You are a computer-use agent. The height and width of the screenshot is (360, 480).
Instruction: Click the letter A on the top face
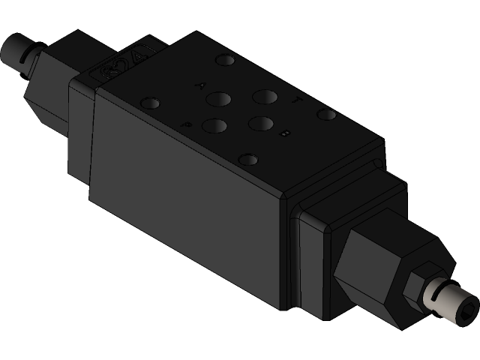(199, 85)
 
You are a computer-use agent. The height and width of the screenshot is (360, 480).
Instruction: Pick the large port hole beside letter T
(264, 96)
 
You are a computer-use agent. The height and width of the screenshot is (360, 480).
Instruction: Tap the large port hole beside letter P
(214, 127)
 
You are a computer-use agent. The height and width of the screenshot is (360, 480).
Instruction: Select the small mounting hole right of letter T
(325, 115)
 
